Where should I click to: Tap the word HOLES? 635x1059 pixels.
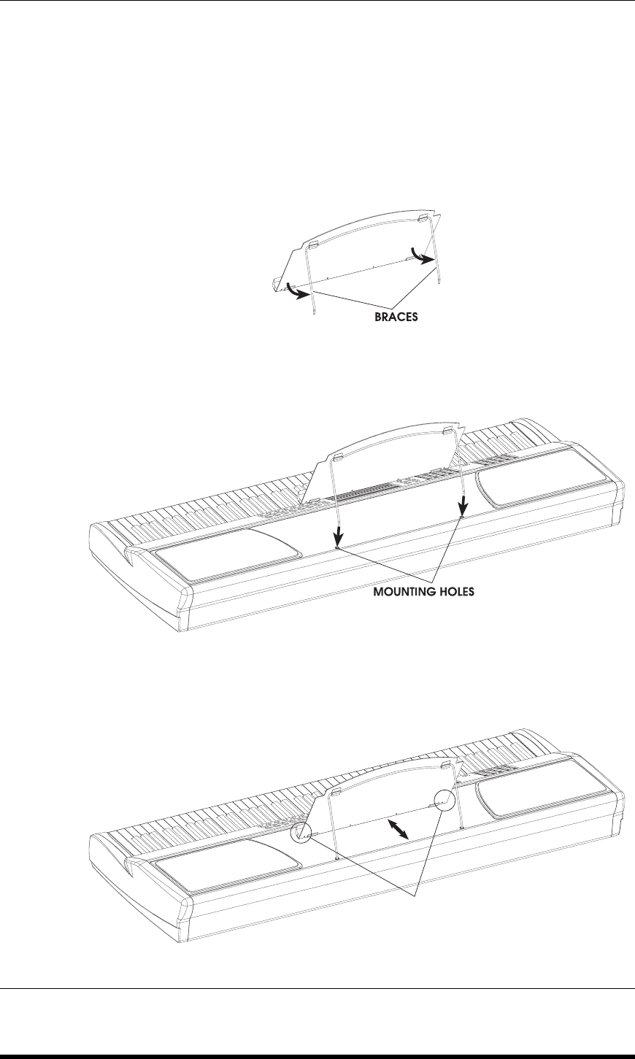[x=456, y=593]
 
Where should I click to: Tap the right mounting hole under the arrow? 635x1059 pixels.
[x=462, y=518]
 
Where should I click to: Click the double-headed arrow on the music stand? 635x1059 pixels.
[x=397, y=828]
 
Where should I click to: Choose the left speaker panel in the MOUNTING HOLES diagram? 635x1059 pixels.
[x=226, y=555]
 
